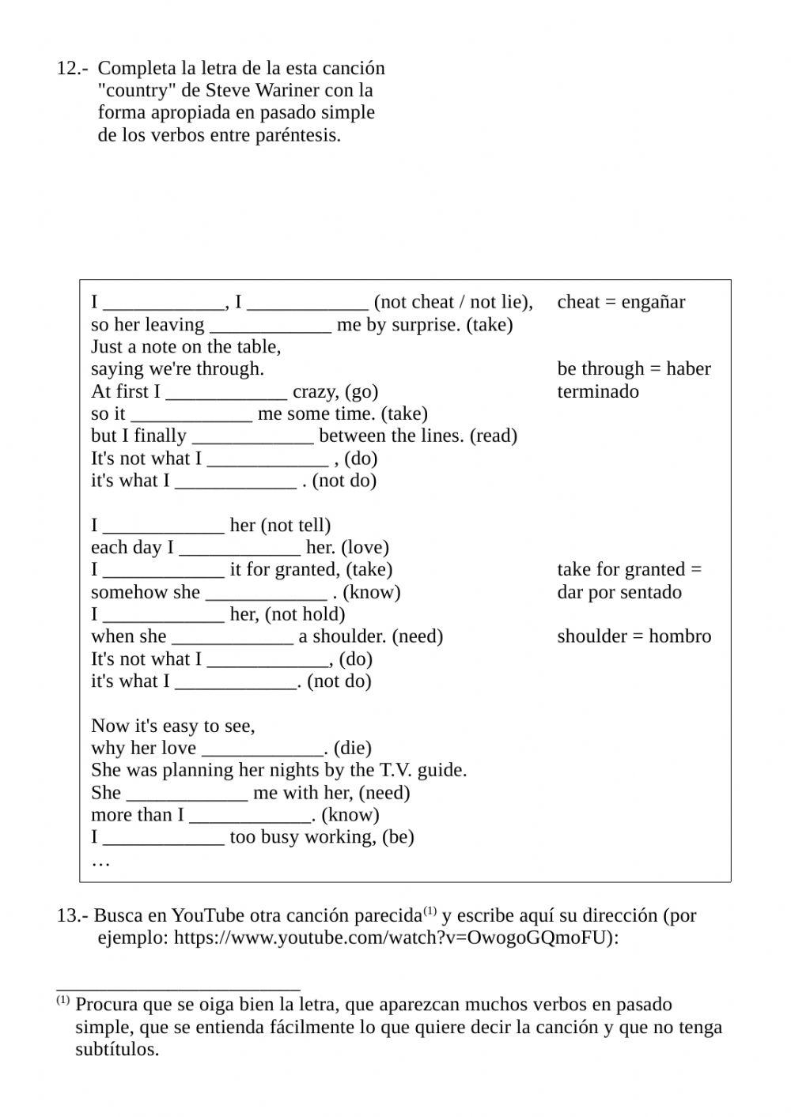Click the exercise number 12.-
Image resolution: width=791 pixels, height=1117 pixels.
point(71,69)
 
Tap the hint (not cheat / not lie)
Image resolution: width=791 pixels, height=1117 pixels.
point(452,302)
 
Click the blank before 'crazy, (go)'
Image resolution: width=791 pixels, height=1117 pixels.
point(226,392)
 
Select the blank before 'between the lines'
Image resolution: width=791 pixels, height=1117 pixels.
point(253,436)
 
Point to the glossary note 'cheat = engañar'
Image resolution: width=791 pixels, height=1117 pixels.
point(621,302)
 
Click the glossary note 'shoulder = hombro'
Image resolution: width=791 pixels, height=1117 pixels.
point(634,636)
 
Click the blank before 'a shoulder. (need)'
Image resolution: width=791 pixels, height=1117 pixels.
point(233,637)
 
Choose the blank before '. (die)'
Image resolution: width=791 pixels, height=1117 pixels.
point(263,749)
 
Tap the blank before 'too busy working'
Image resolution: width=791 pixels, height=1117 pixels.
point(164,838)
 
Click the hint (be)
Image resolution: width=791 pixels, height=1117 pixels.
point(398,837)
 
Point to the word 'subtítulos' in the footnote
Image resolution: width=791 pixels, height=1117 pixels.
point(116,1050)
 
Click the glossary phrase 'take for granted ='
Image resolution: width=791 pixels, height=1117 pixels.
point(629,570)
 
